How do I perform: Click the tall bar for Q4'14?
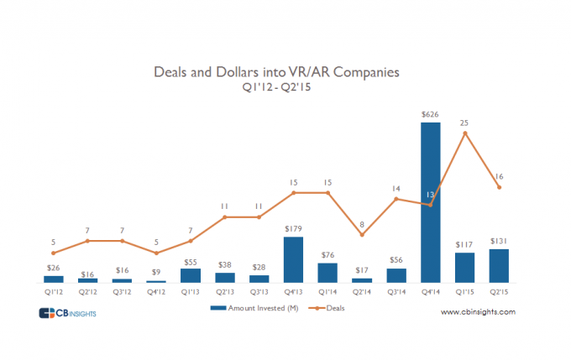point(430,201)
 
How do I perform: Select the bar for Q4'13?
point(293,259)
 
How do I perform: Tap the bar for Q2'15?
point(499,265)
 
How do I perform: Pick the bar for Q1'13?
point(191,275)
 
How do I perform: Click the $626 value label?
point(430,113)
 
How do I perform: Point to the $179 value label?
point(293,228)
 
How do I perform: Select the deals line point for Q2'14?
point(362,235)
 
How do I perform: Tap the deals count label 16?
point(499,177)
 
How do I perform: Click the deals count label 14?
point(396,189)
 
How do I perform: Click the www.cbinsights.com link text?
point(478,312)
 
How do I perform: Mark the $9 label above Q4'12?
point(156,271)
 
